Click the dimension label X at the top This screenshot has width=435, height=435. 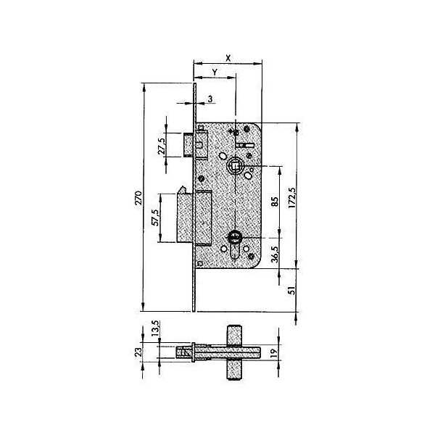(x=228, y=58)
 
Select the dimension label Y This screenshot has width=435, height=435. (x=215, y=72)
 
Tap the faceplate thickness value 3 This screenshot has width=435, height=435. (x=210, y=99)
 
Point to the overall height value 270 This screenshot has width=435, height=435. (x=138, y=198)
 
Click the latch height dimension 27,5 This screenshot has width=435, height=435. (x=162, y=146)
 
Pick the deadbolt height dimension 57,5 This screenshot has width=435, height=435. (x=156, y=217)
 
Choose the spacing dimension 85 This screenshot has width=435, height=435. (x=274, y=202)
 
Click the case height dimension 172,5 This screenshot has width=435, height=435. (x=292, y=198)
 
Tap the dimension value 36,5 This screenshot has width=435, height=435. (x=274, y=254)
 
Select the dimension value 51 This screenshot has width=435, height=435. (x=292, y=291)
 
